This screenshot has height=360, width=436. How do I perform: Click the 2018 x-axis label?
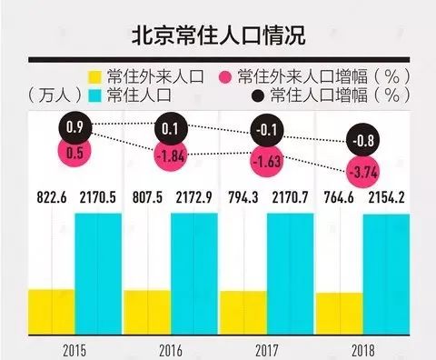click(x=362, y=349)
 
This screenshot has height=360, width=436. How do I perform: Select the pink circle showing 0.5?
click(x=75, y=152)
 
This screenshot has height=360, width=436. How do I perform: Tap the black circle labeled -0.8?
click(x=365, y=140)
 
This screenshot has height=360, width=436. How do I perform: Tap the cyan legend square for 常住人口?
click(x=94, y=94)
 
